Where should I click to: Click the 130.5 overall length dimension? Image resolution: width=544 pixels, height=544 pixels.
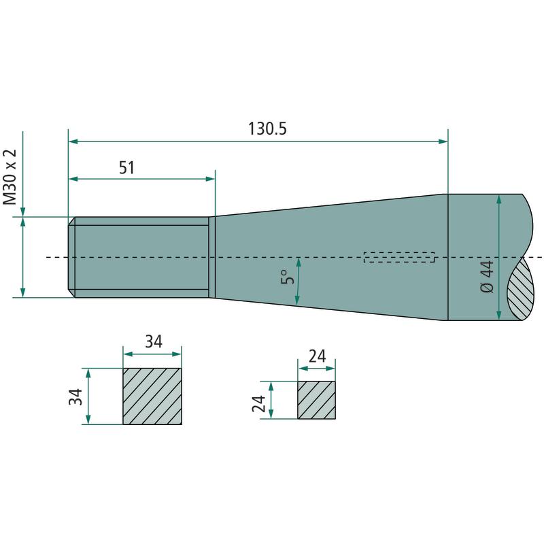[267, 129]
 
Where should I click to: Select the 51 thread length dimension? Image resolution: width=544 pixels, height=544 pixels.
[126, 167]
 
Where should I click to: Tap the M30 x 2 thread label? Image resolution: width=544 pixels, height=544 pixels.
[10, 177]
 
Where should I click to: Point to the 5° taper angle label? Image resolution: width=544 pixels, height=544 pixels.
[288, 277]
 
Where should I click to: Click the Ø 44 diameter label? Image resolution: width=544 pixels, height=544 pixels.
[488, 277]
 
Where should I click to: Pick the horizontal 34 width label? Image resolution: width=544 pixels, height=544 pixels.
[154, 342]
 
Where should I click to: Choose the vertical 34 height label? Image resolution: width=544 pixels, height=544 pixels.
[75, 397]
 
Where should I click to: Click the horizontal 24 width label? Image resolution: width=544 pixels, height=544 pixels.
[318, 356]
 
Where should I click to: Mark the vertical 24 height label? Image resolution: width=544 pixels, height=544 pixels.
[259, 403]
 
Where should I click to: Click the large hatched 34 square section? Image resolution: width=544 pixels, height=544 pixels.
[152, 396]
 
